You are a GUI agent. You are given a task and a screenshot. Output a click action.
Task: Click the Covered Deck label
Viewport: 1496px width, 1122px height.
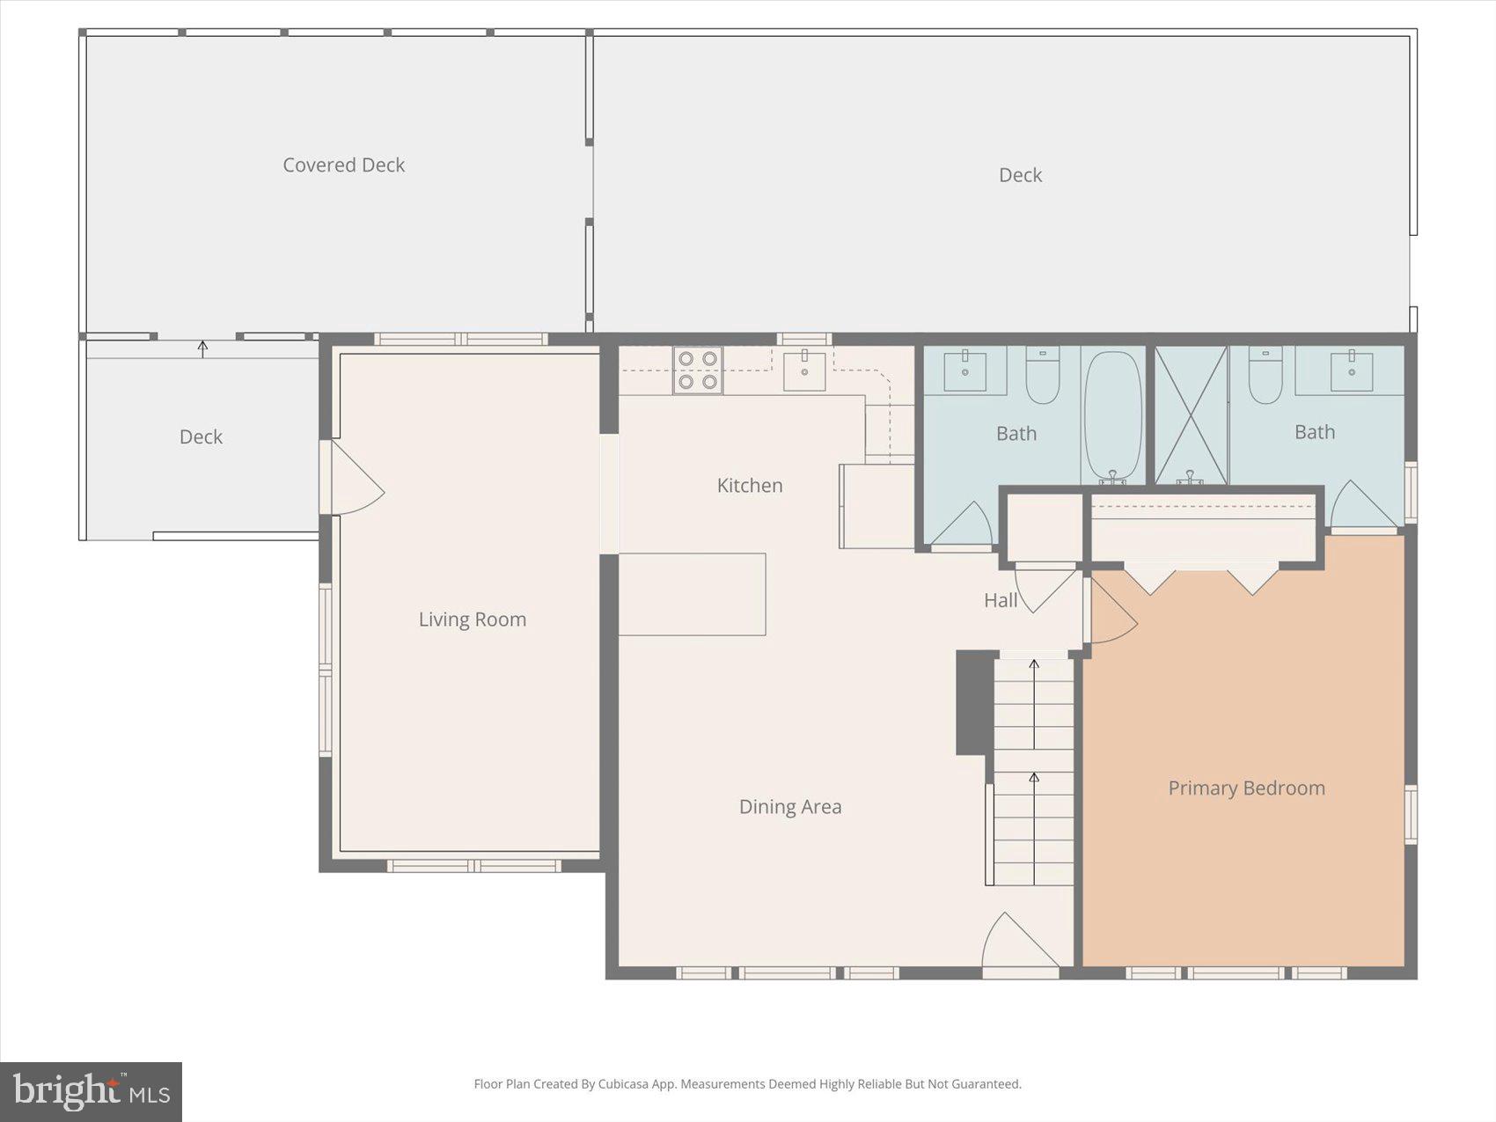point(343,165)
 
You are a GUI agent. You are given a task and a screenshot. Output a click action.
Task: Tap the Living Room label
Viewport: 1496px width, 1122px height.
point(472,620)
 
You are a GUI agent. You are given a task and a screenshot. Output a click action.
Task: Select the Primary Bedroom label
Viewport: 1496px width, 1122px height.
point(1246,788)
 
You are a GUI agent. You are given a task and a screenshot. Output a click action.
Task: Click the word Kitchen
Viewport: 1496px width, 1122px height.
point(749,486)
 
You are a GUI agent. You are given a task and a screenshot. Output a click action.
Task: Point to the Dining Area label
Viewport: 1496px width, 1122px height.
point(789,807)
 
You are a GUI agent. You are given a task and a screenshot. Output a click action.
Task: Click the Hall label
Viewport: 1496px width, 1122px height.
point(1001,601)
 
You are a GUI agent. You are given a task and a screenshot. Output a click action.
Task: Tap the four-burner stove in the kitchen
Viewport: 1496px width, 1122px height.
point(698,370)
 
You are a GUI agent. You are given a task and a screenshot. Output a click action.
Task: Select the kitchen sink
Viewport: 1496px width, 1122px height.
point(804,370)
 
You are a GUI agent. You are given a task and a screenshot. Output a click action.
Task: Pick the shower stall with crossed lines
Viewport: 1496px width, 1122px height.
point(1191,414)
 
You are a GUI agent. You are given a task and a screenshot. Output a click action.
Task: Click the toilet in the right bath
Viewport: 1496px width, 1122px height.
point(1265,376)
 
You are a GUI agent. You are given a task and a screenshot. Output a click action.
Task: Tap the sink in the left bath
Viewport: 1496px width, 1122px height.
point(965,370)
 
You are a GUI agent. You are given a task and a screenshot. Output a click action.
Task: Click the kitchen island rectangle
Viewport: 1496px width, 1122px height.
point(692,594)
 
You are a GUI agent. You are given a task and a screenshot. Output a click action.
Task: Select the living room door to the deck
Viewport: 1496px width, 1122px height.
point(352,480)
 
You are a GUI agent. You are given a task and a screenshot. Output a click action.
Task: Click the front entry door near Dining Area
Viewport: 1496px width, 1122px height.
point(1018,946)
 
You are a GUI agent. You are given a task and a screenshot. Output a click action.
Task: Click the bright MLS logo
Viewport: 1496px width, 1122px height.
point(92,1092)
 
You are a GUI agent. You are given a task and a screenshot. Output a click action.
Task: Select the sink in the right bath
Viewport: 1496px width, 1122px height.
point(1351,370)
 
